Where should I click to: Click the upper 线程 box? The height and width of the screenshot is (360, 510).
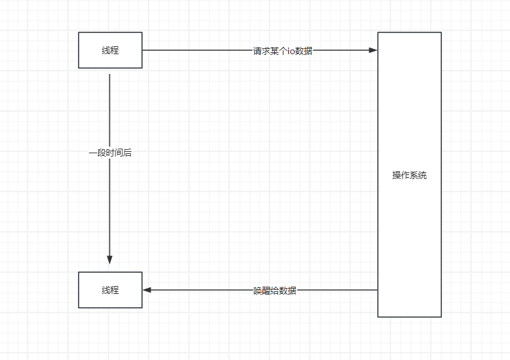click(110, 50)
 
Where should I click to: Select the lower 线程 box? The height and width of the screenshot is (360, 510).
click(110, 290)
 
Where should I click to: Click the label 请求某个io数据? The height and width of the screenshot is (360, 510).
click(283, 51)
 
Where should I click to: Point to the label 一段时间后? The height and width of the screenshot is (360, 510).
click(110, 153)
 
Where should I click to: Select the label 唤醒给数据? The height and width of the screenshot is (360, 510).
click(275, 291)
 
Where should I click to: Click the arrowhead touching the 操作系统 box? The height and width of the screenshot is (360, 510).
click(373, 50)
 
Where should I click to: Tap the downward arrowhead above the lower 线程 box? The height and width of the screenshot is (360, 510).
click(110, 260)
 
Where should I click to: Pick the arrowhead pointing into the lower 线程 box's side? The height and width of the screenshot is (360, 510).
click(147, 290)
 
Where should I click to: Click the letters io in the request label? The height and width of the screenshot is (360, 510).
click(291, 51)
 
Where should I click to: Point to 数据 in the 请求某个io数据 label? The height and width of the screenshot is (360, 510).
click(305, 51)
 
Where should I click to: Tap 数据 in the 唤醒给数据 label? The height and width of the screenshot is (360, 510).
click(288, 291)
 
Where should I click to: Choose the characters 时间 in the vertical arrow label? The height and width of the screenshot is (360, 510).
click(110, 153)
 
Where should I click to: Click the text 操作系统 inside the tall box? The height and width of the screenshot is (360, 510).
click(410, 175)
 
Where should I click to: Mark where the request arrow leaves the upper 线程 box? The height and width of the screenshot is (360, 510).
click(143, 50)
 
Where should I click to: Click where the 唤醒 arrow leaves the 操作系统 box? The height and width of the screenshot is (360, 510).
click(377, 290)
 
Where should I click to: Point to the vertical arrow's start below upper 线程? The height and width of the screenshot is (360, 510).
click(110, 75)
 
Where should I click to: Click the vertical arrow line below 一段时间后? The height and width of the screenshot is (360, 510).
click(110, 205)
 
